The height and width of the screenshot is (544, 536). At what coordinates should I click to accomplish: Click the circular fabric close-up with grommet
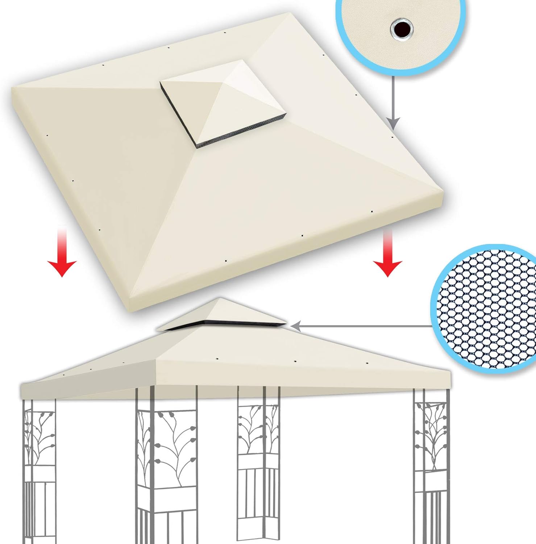coord(400,31)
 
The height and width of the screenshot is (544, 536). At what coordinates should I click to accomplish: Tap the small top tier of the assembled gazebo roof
coord(221,314)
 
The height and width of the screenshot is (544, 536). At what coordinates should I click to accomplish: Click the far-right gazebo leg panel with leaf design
coord(431,468)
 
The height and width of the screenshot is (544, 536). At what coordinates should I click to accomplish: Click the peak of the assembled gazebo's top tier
coord(219,299)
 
